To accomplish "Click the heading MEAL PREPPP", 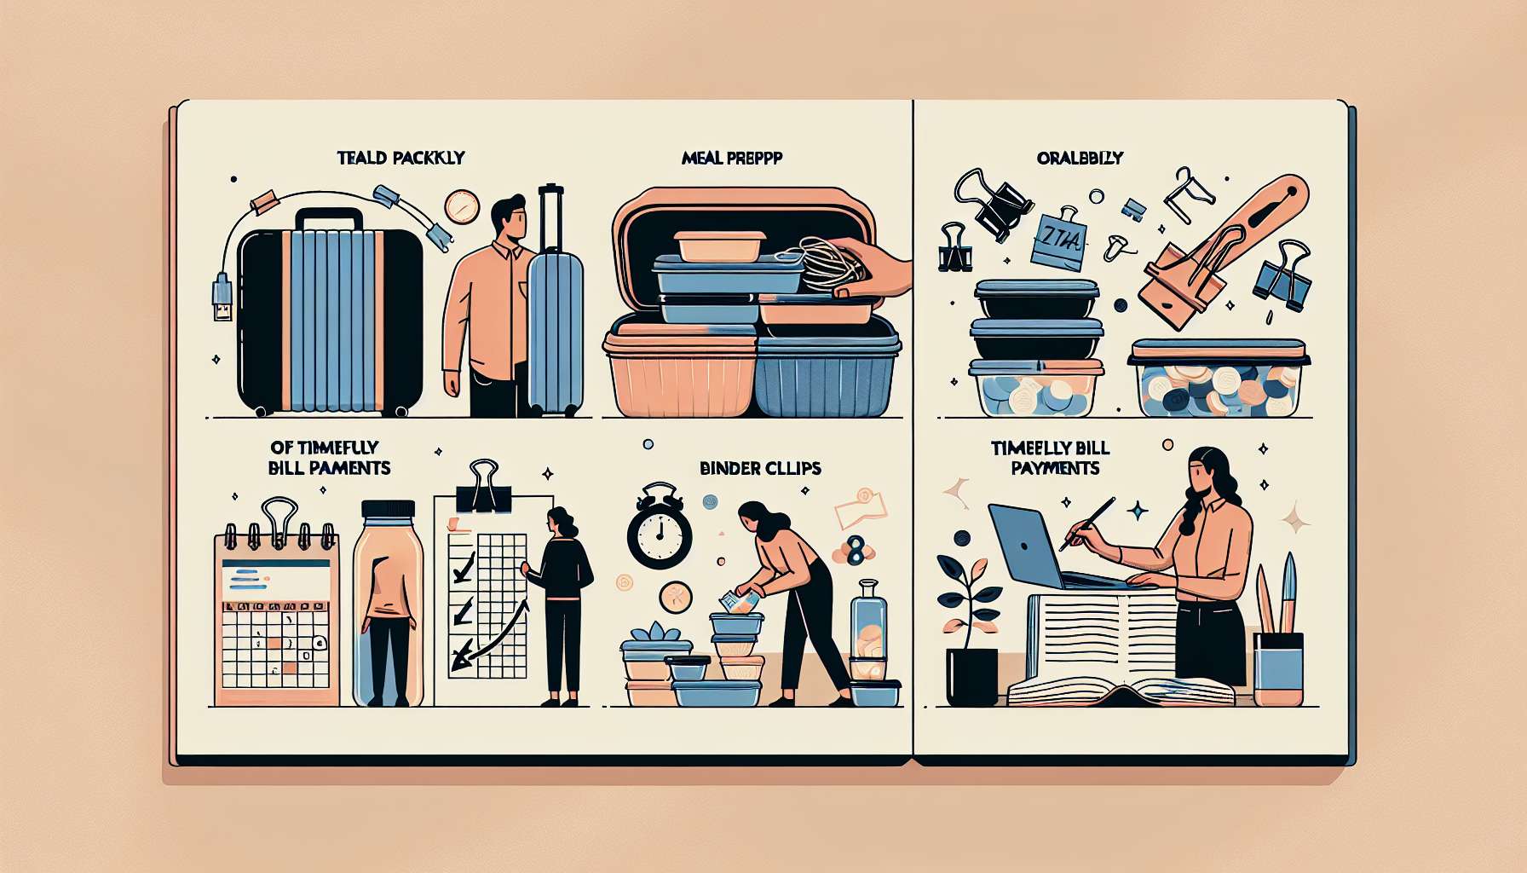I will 732,158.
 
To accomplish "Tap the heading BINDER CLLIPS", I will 760,468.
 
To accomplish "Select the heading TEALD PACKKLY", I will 400,158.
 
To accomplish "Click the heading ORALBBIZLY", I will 1080,158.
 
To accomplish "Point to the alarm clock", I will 659,529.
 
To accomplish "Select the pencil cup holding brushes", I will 1278,665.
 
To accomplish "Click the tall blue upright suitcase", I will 555,324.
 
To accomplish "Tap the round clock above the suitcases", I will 462,207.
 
